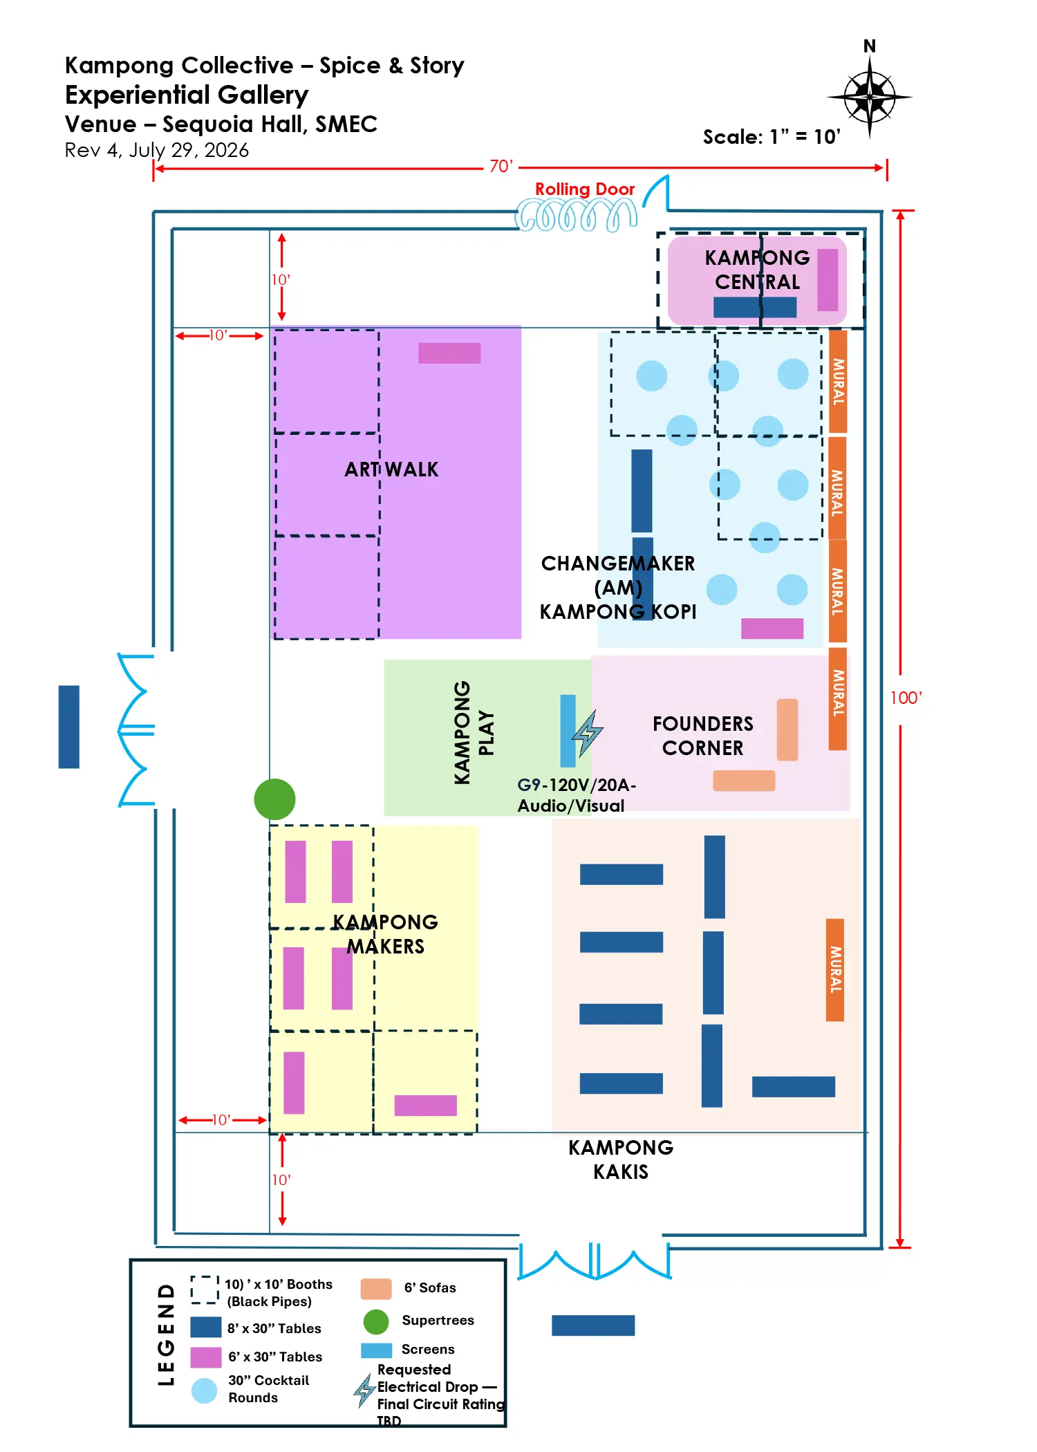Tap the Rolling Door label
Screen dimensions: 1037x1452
pos(585,189)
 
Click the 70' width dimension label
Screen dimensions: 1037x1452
pos(501,167)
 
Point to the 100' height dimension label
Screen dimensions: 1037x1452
pos(906,698)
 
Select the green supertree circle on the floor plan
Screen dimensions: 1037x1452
pos(274,799)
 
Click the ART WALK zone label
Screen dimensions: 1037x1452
pos(391,469)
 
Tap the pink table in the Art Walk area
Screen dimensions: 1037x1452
pos(449,353)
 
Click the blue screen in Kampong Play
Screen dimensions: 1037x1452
pos(568,731)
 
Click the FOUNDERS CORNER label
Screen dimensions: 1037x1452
pos(703,736)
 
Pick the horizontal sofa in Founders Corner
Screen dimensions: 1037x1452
pos(744,781)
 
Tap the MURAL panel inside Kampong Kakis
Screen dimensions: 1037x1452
pos(835,970)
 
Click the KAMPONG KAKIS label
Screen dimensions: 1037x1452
pos(621,1160)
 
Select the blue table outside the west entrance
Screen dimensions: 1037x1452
pos(69,727)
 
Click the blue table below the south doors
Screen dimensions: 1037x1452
pos(593,1325)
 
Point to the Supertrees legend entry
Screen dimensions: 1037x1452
pos(438,1320)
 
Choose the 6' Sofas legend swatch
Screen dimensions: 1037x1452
pos(376,1290)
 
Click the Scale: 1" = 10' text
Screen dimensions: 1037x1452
pos(772,137)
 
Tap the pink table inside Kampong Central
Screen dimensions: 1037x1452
pos(828,280)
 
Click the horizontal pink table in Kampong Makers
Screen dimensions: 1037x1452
pos(425,1106)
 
